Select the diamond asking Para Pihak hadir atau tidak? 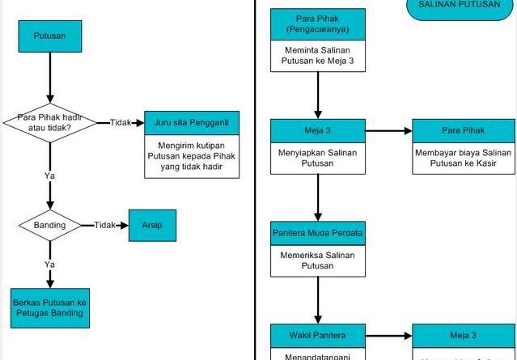[49, 122]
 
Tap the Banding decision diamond [49, 224]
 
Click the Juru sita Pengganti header [192, 122]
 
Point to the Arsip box [152, 224]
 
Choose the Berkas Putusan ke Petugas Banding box [50, 307]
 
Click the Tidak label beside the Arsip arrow [105, 224]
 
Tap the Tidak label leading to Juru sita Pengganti [121, 122]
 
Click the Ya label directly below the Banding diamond [49, 264]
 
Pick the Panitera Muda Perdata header [317, 233]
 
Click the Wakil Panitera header [317, 334]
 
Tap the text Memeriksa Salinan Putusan [317, 260]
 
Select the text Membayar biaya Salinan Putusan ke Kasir [464, 158]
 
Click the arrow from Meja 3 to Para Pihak [388, 131]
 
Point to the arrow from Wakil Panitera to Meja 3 [388, 335]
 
